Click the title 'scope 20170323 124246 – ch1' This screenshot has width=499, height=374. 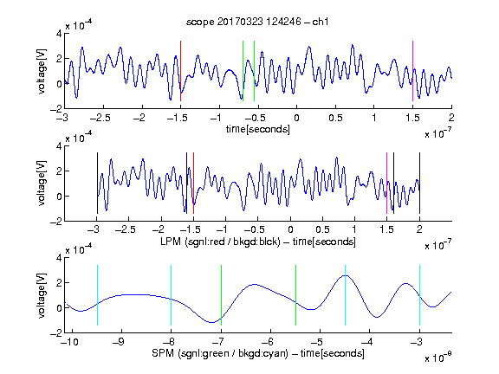point(257,22)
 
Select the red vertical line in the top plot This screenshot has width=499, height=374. point(180,71)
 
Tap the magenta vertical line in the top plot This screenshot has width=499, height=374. point(412,71)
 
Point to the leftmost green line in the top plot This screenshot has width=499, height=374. point(243,71)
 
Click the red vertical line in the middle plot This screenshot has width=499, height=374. point(193,184)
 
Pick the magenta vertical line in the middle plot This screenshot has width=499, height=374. point(386,184)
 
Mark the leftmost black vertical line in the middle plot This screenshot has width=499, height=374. point(97,184)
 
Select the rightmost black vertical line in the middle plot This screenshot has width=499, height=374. point(419,184)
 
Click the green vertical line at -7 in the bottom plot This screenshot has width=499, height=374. point(221,295)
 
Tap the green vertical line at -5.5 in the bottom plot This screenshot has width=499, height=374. point(295,295)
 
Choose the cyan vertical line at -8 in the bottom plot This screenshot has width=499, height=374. point(171,295)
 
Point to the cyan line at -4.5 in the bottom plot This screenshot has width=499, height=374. point(345,295)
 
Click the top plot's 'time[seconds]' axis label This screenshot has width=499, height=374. point(258,129)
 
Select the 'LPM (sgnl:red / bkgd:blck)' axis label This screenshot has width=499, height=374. point(220,242)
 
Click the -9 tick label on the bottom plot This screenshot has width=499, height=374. point(119,342)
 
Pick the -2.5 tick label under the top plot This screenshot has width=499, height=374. point(100,118)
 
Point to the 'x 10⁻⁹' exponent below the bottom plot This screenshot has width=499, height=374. point(438,357)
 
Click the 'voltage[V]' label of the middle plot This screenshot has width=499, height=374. point(42,184)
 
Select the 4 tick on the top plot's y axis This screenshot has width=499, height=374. point(59,34)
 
